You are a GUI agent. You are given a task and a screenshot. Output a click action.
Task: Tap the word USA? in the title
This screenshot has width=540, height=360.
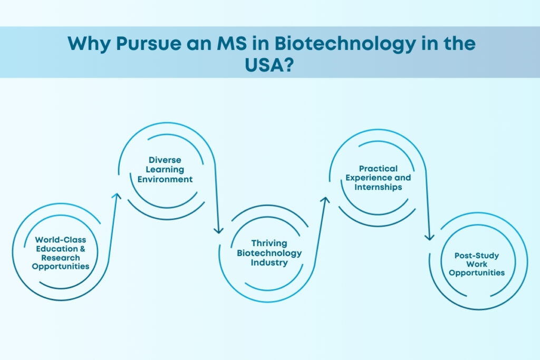pyautogui.click(x=269, y=65)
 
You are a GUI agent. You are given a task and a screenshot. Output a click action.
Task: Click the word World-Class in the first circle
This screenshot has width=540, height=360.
pyautogui.click(x=61, y=240)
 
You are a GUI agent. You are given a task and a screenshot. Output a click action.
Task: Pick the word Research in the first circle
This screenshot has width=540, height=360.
pyautogui.click(x=61, y=258)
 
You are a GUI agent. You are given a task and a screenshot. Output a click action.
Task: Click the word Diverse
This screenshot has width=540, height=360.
pyautogui.click(x=165, y=160)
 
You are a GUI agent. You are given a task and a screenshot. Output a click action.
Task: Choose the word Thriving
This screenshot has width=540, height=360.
pyautogui.click(x=269, y=243)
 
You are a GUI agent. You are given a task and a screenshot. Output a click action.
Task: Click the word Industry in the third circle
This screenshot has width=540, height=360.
pyautogui.click(x=269, y=262)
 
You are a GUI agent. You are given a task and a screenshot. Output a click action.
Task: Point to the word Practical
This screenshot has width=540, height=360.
pyautogui.click(x=378, y=169)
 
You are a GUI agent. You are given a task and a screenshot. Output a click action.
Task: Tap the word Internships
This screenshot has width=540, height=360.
pyautogui.click(x=378, y=187)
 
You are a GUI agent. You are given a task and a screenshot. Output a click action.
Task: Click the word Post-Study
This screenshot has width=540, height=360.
pyautogui.click(x=477, y=255)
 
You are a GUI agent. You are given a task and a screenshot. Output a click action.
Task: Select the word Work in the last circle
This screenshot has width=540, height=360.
pyautogui.click(x=477, y=264)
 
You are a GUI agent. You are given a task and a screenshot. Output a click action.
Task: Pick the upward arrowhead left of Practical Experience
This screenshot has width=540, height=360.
pyautogui.click(x=325, y=201)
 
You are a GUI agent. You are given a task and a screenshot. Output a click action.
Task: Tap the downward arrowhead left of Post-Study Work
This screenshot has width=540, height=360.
pyautogui.click(x=429, y=237)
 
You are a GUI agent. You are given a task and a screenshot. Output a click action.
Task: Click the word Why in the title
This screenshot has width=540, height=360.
pyautogui.click(x=89, y=44)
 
